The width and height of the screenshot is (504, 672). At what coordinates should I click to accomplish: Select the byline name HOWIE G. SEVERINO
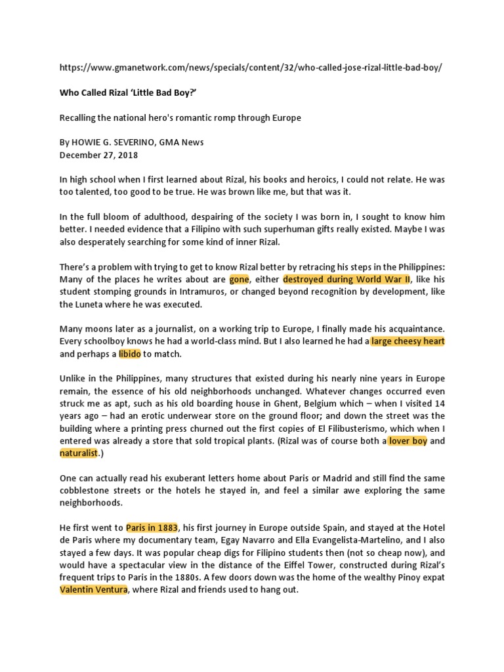tap(117, 143)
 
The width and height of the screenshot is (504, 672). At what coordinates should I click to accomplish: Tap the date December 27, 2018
tap(98, 156)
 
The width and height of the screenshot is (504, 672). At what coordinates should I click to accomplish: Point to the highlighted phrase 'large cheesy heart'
tap(408, 342)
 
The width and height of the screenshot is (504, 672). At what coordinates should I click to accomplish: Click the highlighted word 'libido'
tap(129, 354)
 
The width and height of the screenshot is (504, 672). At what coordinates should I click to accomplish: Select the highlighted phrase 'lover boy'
tap(408, 441)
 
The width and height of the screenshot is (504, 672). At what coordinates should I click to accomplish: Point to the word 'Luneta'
tap(95, 304)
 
